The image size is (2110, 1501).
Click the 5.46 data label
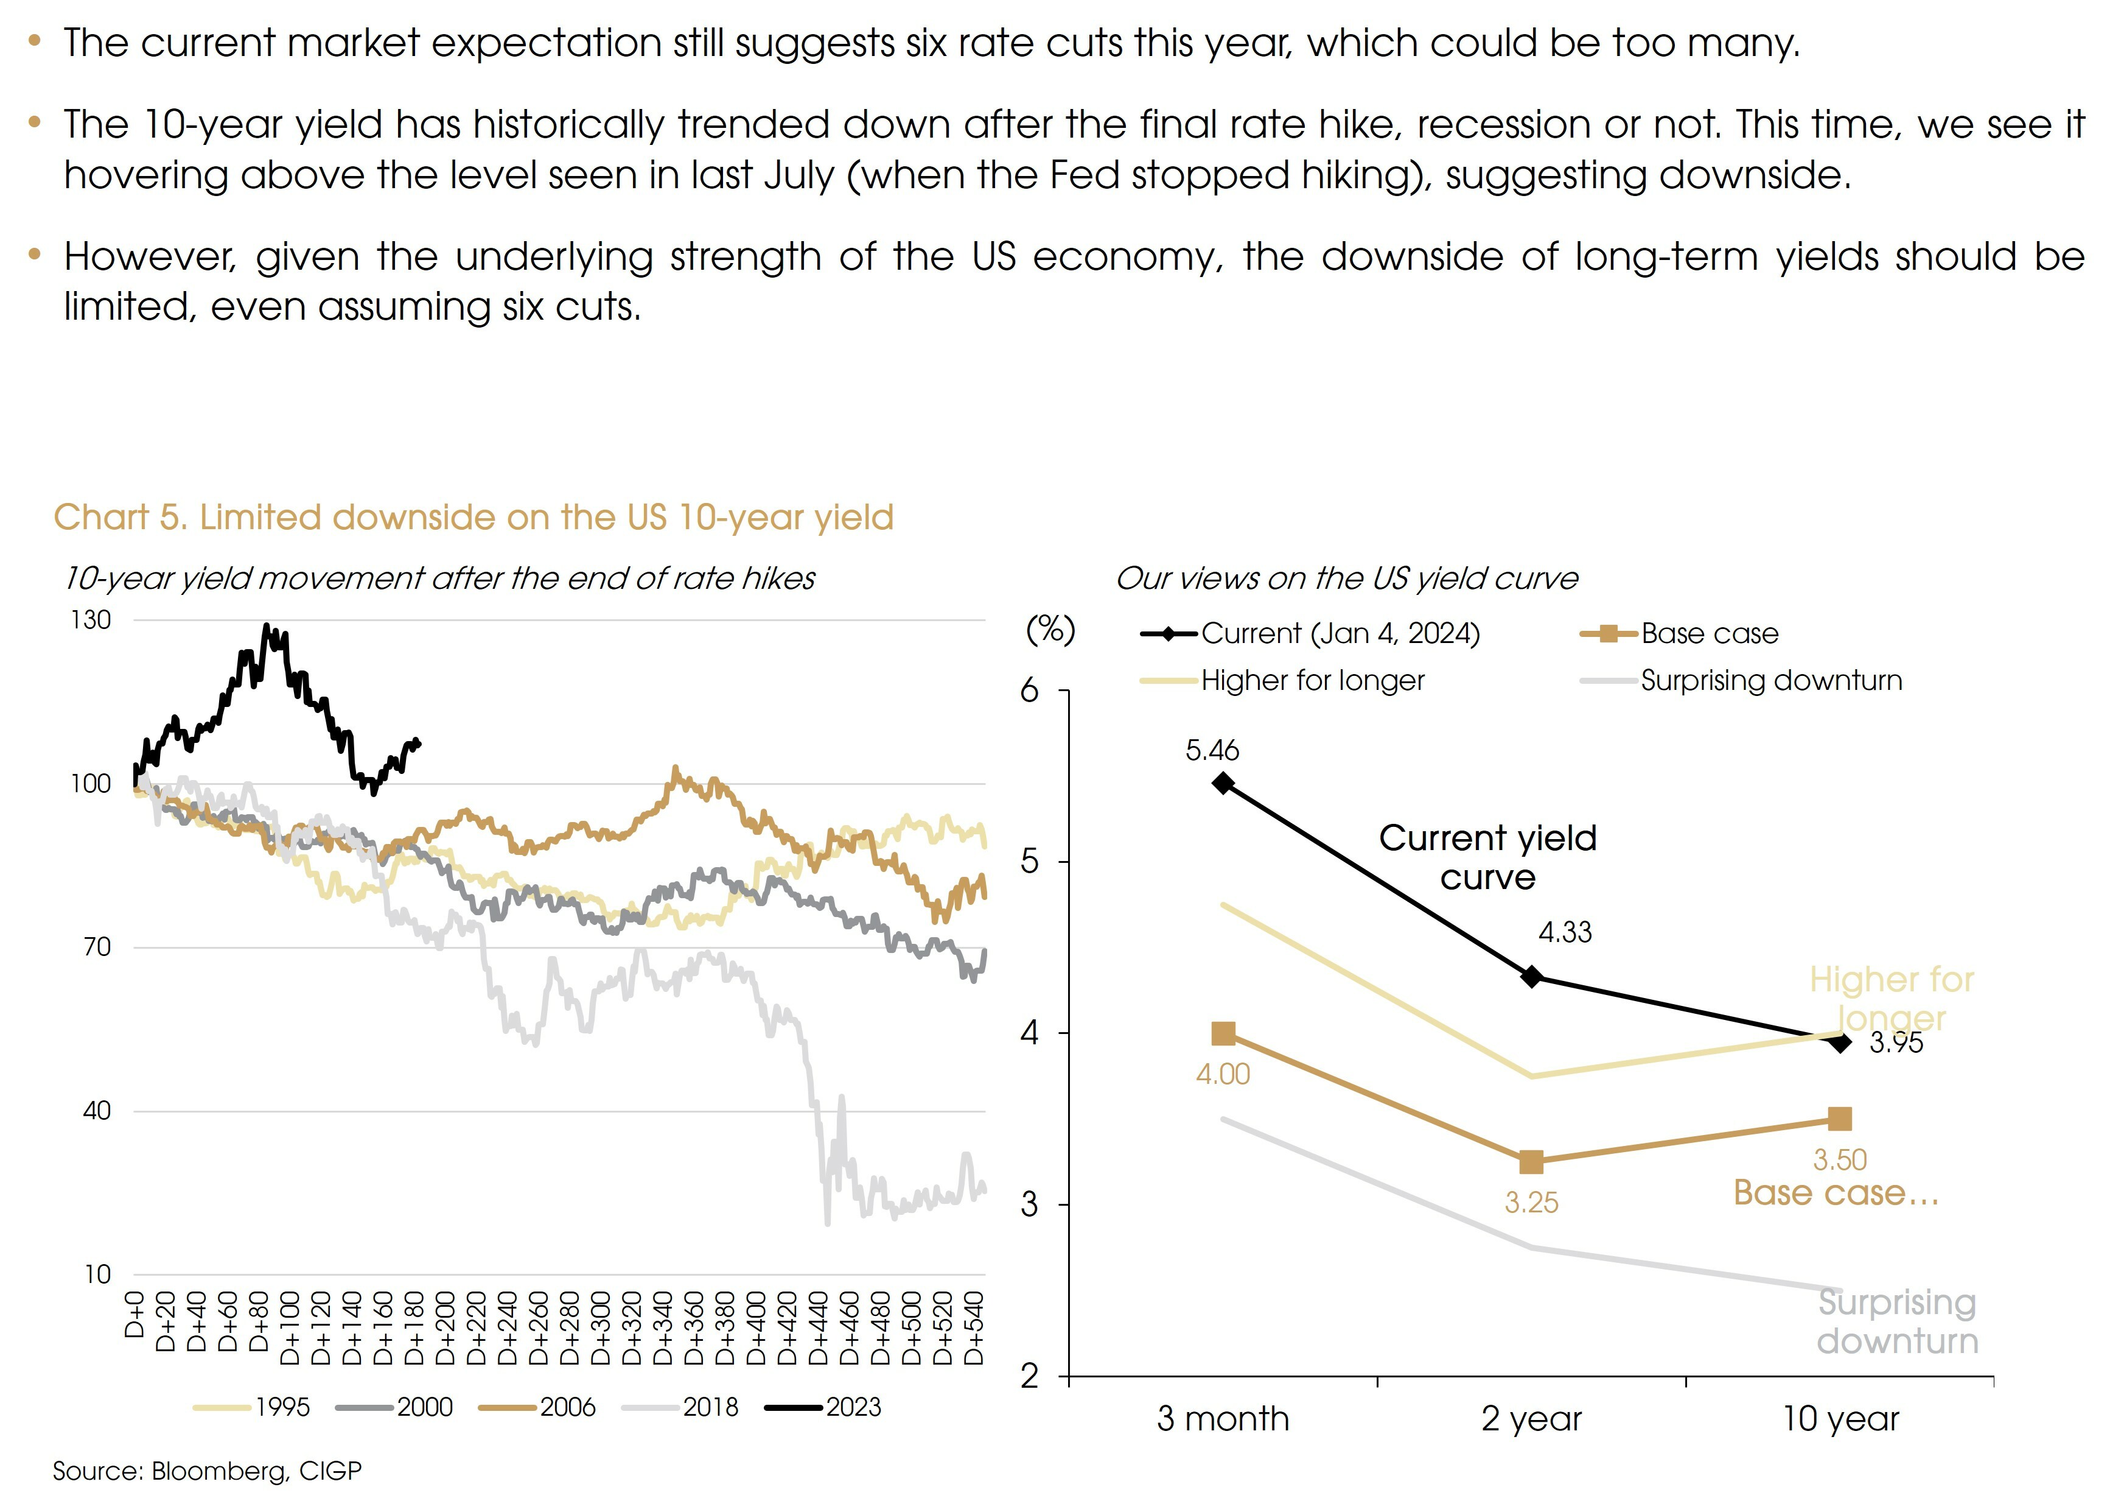[1212, 750]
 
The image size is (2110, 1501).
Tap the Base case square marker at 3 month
[1223, 1033]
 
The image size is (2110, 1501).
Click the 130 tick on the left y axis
[91, 620]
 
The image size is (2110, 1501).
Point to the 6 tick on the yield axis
[1029, 691]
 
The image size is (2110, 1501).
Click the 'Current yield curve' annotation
[1487, 857]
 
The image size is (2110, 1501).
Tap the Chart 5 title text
[473, 518]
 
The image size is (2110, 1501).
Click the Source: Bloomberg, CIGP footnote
[207, 1471]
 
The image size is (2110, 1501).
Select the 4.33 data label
[1565, 932]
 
